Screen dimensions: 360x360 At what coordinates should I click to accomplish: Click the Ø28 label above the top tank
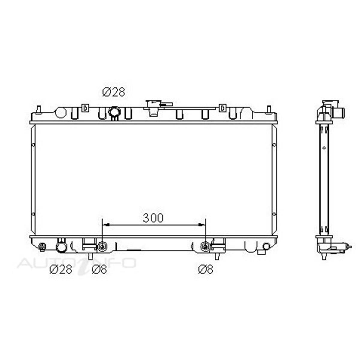pyautogui.click(x=113, y=92)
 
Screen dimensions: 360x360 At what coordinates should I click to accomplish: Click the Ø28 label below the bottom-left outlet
pyautogui.click(x=61, y=269)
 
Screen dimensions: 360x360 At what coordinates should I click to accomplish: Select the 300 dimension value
pyautogui.click(x=153, y=218)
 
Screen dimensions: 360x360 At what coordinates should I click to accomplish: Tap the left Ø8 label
pyautogui.click(x=99, y=269)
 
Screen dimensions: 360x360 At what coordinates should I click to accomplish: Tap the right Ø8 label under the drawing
pyautogui.click(x=205, y=269)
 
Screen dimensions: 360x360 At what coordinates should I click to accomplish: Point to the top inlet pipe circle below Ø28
pyautogui.click(x=114, y=112)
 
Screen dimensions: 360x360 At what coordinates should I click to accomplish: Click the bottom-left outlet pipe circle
pyautogui.click(x=61, y=247)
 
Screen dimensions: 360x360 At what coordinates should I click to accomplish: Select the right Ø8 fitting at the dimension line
pyautogui.click(x=205, y=247)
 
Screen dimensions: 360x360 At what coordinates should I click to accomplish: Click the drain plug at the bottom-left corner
pyautogui.click(x=42, y=247)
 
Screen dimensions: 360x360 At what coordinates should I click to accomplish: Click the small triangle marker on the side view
pyautogui.click(x=324, y=148)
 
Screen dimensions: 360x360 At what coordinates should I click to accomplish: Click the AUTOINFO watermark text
pyautogui.click(x=76, y=263)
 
